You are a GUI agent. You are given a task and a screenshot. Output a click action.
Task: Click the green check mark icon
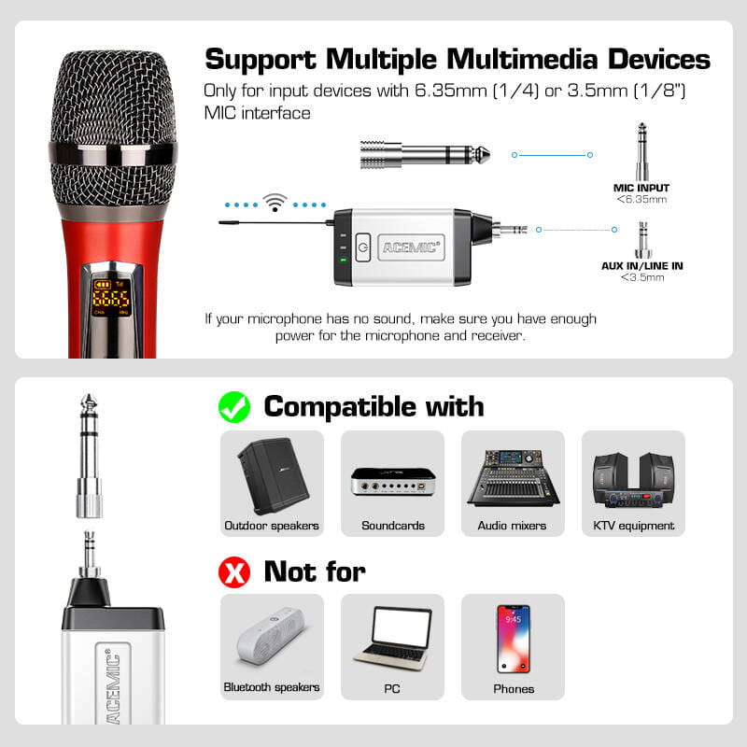coord(234,407)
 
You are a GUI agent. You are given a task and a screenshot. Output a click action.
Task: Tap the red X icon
coord(234,571)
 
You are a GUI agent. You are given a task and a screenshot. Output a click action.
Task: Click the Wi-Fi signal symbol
coord(275,202)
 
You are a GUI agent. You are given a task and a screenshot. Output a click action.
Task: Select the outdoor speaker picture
coord(273,476)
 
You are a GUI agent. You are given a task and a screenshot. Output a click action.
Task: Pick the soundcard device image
coord(393,482)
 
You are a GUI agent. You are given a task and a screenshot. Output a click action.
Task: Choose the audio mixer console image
coord(513,478)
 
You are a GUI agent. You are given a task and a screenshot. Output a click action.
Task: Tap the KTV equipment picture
coord(634,480)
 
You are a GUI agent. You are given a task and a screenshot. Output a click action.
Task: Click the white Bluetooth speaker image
coord(271,636)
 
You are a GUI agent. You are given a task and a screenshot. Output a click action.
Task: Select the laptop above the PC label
coord(393,638)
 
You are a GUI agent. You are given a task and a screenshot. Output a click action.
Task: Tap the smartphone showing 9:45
coord(513,639)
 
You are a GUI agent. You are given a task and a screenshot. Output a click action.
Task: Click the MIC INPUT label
coord(641,188)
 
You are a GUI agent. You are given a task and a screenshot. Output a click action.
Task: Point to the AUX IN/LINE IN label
coord(641,266)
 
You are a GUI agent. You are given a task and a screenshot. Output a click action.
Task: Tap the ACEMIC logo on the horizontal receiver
coord(411,247)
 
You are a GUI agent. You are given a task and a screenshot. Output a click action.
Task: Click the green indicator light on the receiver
coord(343,260)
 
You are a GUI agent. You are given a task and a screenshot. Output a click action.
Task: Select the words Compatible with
coord(374,407)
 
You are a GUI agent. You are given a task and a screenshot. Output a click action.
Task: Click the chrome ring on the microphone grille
coord(113,153)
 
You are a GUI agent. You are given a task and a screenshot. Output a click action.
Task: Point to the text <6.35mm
coord(641,199)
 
